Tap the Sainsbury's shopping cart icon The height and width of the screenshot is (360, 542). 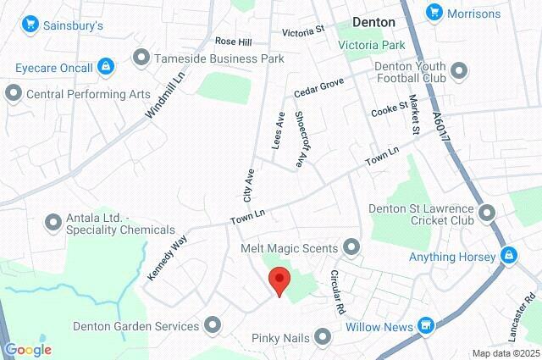pos(31,25)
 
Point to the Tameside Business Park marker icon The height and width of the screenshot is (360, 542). pos(141,58)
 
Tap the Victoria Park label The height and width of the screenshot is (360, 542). pos(372,44)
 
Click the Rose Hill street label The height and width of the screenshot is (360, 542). pos(233,41)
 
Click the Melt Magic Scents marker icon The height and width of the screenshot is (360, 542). pos(351,247)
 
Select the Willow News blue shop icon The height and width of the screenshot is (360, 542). pos(427,326)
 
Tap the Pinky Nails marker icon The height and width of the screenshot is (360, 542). pos(323,338)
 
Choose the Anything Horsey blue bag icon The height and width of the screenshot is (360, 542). pos(508,254)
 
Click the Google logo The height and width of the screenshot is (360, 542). pos(28,349)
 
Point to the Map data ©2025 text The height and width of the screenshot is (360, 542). pos(505,352)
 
